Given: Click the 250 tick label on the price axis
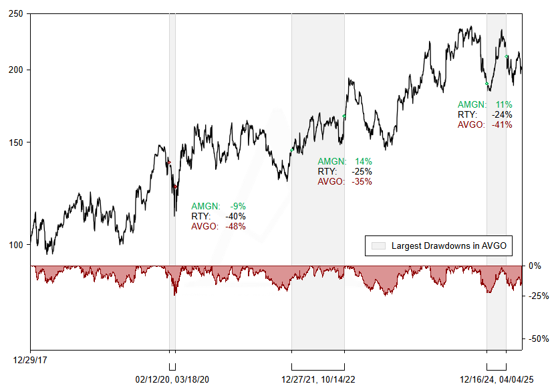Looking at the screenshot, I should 15,13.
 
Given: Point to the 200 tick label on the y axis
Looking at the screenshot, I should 15,70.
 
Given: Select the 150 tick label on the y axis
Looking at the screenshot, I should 15,142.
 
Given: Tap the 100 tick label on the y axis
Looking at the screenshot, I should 15,245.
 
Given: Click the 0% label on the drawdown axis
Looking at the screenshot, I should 535,266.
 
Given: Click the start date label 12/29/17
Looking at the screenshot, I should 30,360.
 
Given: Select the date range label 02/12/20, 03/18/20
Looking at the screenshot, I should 172,379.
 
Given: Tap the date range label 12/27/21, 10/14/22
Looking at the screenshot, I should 318,379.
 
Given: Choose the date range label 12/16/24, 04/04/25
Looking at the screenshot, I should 497,379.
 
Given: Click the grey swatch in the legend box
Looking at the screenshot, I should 378,246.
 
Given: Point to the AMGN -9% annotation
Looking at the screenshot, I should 219,206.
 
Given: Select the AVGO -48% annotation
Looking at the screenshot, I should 219,226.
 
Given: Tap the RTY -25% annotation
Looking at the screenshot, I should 345,171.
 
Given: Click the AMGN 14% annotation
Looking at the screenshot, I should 345,161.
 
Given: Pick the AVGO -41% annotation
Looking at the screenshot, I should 485,124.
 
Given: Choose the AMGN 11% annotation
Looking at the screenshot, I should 485,104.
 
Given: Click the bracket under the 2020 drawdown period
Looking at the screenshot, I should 172,367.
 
